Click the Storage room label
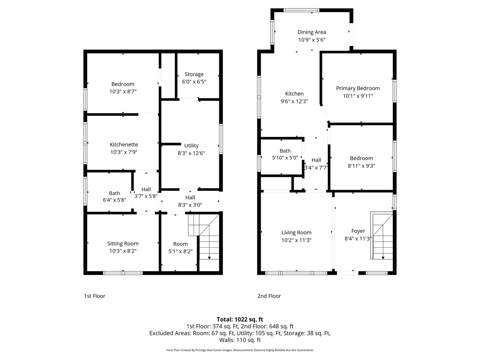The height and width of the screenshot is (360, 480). point(194,74)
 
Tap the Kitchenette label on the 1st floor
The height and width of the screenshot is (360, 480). point(124,145)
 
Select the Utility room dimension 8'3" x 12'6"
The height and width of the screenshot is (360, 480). point(191,153)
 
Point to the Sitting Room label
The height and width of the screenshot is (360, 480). point(123,244)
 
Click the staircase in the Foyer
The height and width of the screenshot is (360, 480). point(382,236)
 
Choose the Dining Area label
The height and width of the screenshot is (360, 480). point(312,32)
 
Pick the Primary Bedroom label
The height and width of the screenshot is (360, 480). point(358,88)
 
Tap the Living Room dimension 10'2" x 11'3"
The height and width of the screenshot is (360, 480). point(296,240)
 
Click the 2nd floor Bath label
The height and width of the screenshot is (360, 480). point(285,151)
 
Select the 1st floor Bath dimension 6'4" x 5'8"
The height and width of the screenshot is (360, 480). point(114,200)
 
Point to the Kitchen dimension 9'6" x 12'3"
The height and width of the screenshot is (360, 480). point(294,101)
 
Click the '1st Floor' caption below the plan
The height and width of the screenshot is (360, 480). point(95,296)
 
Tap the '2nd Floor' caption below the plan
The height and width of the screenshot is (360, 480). point(269,296)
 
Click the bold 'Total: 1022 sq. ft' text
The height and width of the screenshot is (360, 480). point(240,319)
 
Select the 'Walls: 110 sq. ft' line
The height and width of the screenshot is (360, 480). point(240,340)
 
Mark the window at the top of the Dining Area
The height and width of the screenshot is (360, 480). point(301,10)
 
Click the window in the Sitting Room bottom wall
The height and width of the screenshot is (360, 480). point(123,273)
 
